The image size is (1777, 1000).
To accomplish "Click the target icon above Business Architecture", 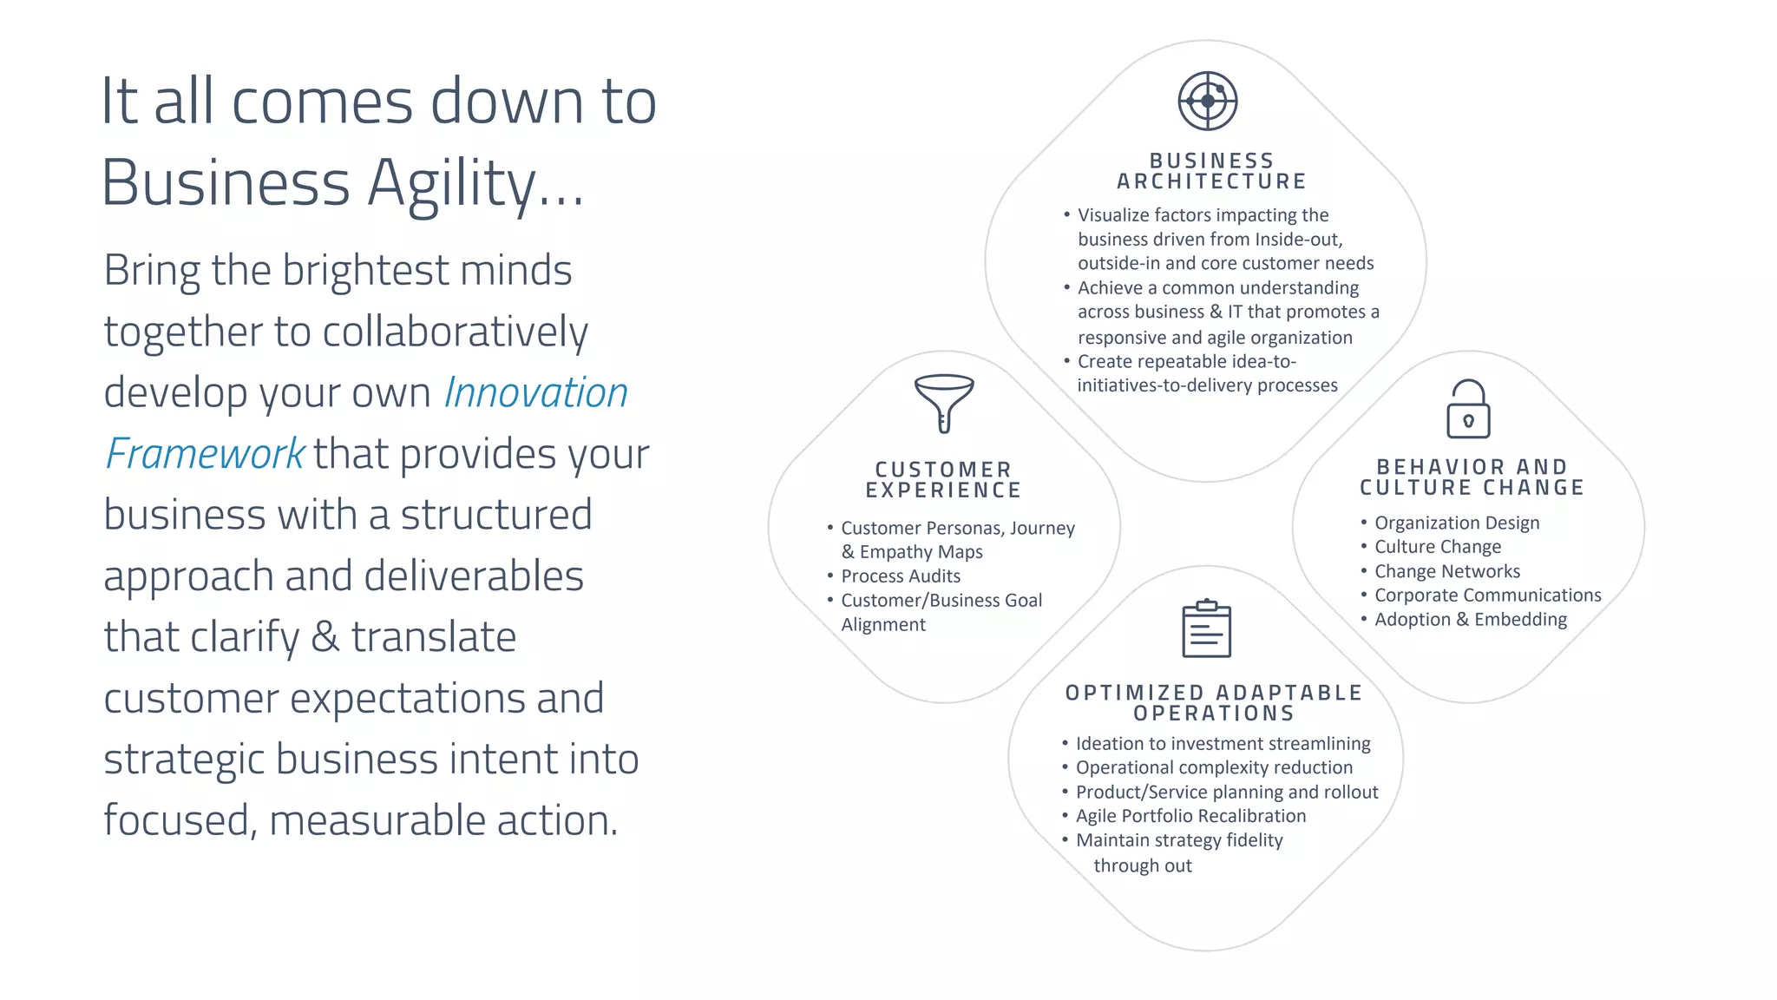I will click(x=1207, y=101).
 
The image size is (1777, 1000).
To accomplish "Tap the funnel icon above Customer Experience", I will click(x=944, y=403).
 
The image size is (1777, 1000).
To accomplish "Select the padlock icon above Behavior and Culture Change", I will click(x=1468, y=409).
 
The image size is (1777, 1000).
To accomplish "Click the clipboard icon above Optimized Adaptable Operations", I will click(x=1206, y=628).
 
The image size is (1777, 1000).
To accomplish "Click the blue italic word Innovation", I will click(x=535, y=392).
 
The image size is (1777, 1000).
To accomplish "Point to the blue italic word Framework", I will click(x=205, y=454).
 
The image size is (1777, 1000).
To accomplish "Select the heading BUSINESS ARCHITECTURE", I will click(x=1211, y=171).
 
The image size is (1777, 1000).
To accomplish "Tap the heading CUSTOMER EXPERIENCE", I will click(x=943, y=480).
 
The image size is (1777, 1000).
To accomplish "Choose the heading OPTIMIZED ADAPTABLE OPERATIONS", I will click(x=1214, y=703).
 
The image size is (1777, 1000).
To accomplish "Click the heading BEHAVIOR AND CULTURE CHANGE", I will click(x=1472, y=477).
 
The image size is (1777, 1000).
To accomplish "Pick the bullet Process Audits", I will click(x=901, y=576).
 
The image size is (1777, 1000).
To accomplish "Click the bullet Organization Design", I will click(x=1457, y=523).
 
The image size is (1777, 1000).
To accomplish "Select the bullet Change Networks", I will click(x=1447, y=571).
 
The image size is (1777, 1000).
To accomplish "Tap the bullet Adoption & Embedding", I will click(x=1471, y=620).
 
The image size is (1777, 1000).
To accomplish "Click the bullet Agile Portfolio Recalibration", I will click(x=1190, y=816).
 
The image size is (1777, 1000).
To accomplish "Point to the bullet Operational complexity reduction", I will click(x=1214, y=767).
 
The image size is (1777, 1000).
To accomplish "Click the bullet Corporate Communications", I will click(x=1487, y=595).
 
